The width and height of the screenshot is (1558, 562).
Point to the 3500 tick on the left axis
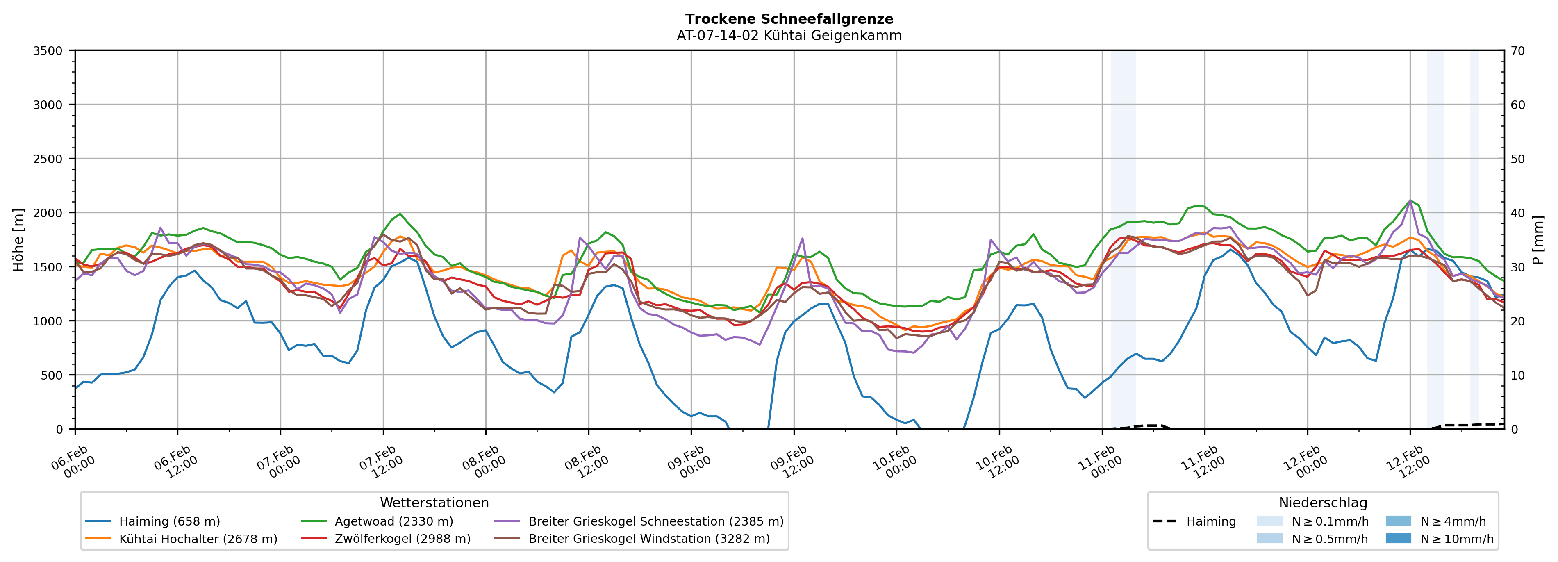48,51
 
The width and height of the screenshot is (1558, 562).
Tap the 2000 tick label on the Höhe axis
48,213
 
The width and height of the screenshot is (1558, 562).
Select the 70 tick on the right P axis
1517,51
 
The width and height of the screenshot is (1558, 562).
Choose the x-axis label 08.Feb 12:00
585,462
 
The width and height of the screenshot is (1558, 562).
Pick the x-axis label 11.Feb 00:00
1099,462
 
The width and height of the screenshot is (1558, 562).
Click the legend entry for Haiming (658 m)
169,521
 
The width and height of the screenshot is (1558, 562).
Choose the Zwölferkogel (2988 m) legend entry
402,538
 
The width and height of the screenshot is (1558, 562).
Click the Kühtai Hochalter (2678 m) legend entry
198,538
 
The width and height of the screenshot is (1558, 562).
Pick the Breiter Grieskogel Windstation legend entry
648,538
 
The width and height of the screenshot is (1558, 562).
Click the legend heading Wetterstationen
434,503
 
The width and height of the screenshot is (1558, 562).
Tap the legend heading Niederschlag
1323,503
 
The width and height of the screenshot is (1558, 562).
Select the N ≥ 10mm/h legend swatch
1398,538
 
